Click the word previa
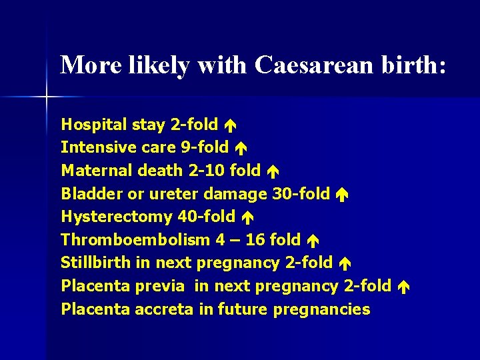(161, 286)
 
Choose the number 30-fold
(301, 193)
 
